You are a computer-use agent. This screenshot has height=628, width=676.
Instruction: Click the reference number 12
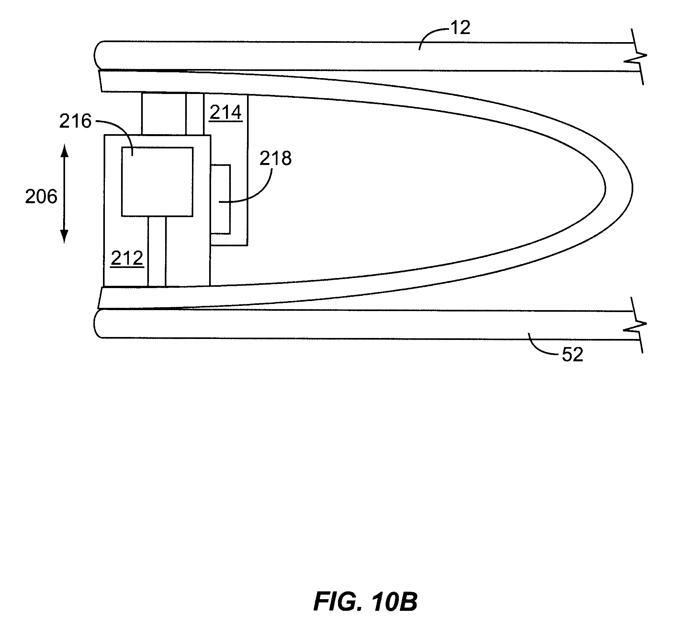[460, 28]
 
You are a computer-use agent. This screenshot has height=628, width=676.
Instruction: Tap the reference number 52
[572, 355]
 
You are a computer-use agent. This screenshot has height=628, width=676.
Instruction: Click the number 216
[75, 121]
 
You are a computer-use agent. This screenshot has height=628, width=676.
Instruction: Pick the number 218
[276, 158]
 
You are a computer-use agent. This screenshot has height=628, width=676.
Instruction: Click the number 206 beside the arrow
[41, 197]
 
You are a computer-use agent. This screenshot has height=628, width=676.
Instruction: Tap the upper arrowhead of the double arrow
[64, 150]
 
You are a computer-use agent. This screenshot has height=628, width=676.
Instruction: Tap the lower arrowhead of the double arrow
[64, 237]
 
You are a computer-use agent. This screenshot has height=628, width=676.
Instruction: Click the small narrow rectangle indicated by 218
[220, 200]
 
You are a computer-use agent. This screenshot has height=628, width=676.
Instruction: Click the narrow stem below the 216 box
[157, 251]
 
